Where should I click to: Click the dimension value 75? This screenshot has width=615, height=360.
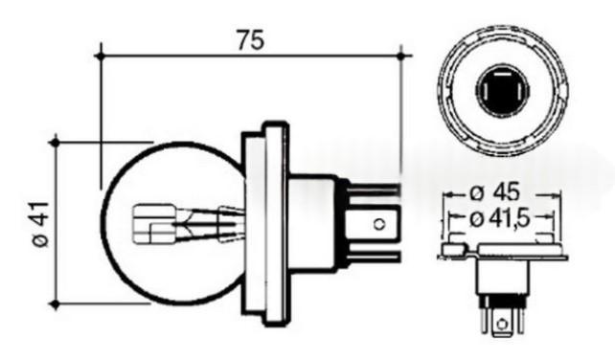point(251,40)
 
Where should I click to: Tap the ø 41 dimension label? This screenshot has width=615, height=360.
point(40,224)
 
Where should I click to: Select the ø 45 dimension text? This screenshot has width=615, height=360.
point(495,192)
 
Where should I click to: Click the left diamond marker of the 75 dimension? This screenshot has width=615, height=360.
point(101,56)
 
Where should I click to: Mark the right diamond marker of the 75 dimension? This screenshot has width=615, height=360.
point(400,56)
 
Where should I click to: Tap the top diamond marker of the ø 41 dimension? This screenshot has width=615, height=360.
point(56,142)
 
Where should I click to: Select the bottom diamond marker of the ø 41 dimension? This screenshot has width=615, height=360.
point(56,304)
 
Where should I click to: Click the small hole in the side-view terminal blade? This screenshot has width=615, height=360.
point(379,224)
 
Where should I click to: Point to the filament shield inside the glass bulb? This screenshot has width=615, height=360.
point(154,223)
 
